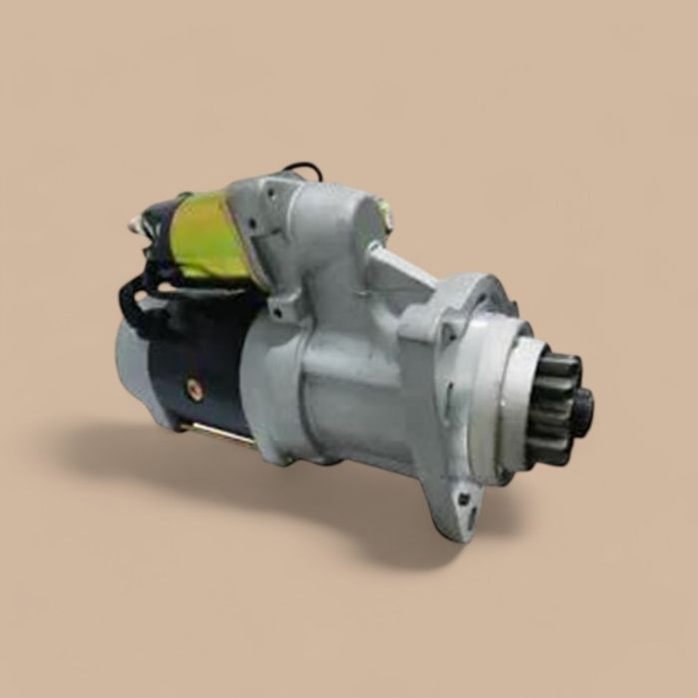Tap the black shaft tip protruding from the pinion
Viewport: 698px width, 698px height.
point(582,410)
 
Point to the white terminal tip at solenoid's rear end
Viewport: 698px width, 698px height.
point(133,225)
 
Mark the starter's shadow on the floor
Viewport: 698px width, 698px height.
point(249,479)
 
